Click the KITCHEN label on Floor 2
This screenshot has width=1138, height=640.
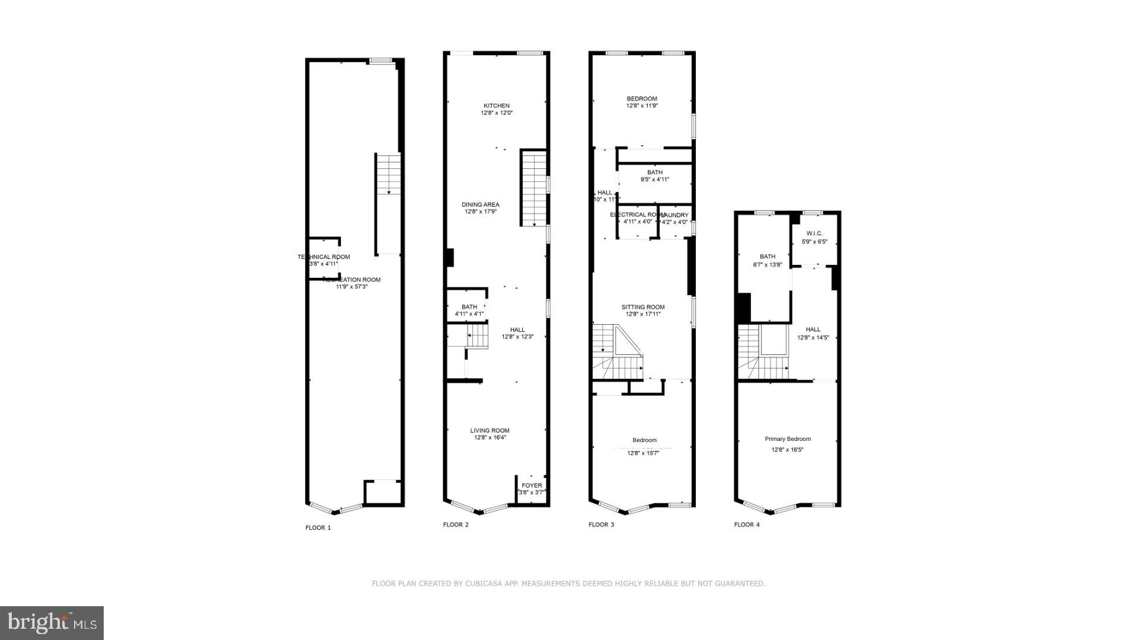(496, 106)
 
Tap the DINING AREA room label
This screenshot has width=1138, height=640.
(481, 205)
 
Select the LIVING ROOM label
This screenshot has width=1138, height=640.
(490, 431)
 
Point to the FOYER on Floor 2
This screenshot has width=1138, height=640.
(532, 488)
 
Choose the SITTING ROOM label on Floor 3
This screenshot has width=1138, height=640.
(643, 307)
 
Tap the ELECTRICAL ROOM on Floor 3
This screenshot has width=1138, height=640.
(637, 219)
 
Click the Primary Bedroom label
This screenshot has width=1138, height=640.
(788, 439)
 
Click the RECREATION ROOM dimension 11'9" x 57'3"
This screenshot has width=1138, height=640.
(352, 287)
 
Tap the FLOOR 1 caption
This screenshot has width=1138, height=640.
(318, 527)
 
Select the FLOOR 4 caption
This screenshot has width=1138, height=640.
(747, 524)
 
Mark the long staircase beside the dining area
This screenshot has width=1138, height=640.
(533, 187)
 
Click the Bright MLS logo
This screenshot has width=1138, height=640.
(52, 623)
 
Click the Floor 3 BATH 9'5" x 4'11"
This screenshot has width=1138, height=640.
(655, 176)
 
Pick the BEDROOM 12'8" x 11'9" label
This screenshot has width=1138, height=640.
(642, 102)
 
